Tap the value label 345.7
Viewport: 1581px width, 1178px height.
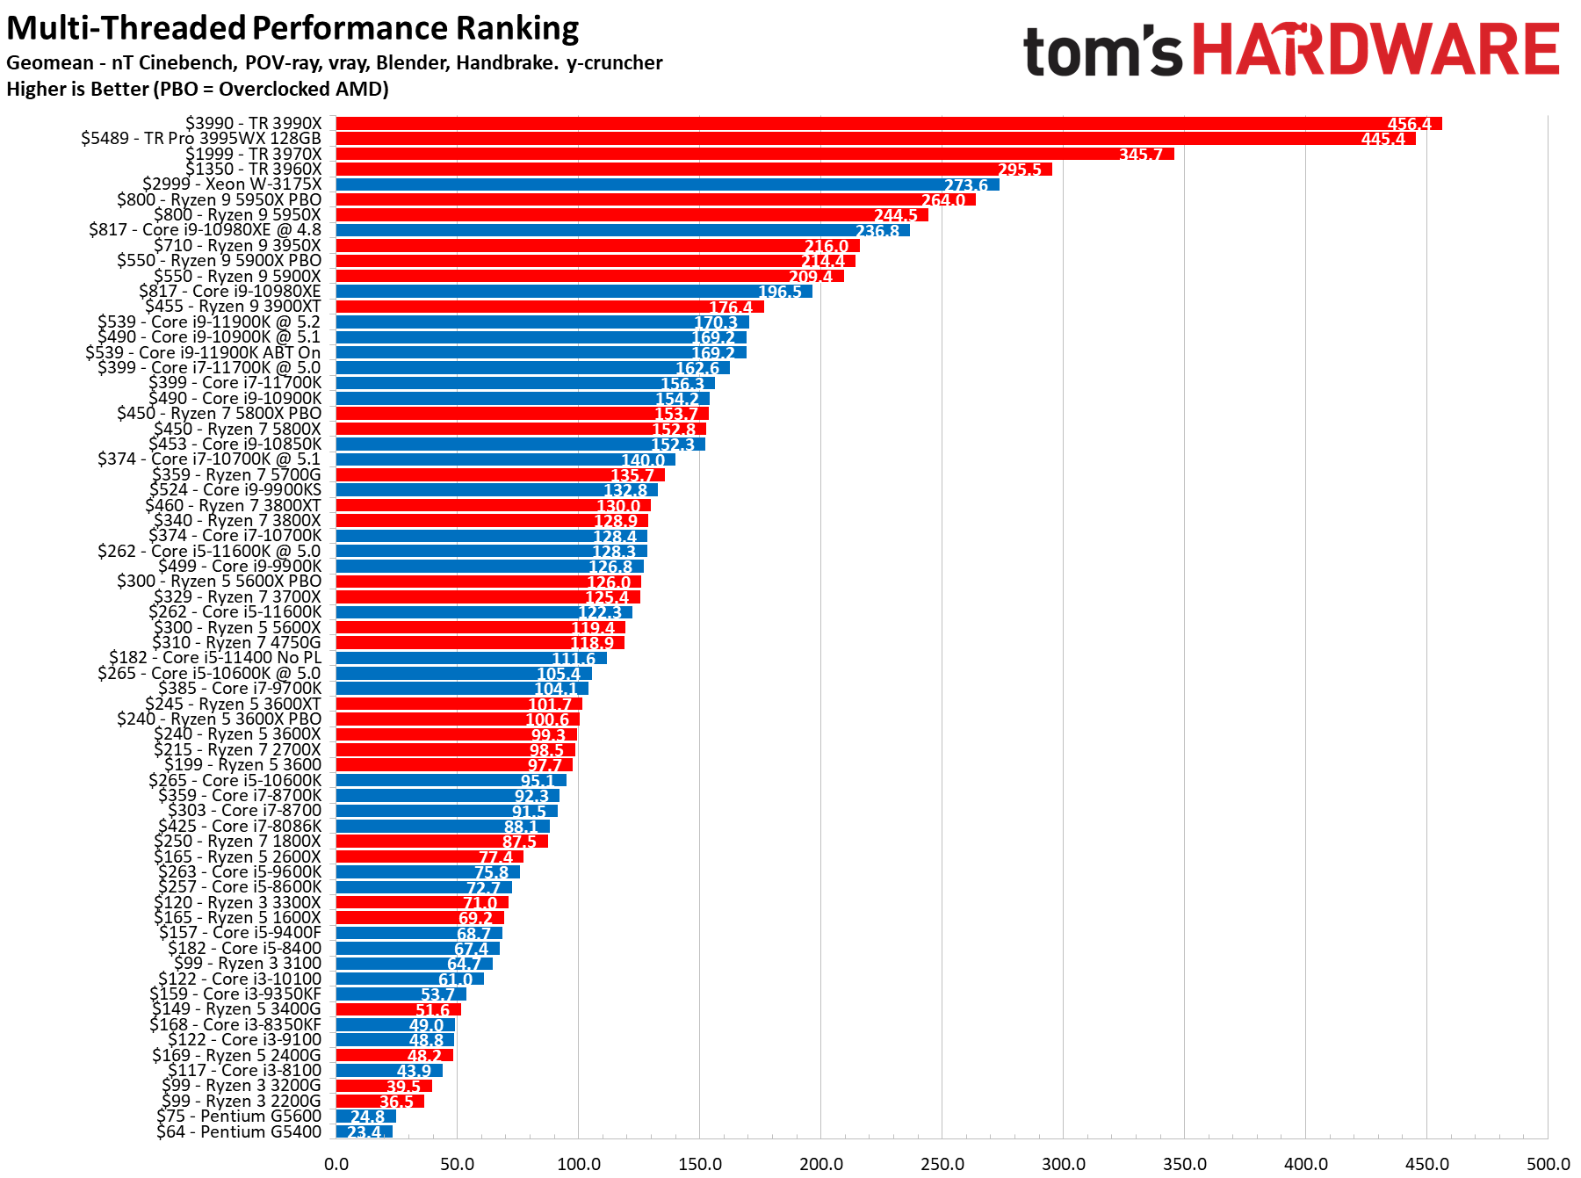tap(1140, 155)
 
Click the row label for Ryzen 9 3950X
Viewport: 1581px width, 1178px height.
tap(237, 245)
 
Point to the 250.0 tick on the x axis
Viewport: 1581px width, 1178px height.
tap(942, 1164)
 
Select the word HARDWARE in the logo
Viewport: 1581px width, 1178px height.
tap(1375, 51)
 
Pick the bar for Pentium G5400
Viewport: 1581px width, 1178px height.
tap(364, 1131)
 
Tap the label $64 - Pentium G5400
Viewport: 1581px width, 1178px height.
tap(239, 1131)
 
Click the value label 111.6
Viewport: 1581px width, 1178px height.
tap(573, 659)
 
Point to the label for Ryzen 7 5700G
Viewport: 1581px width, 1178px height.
tap(236, 474)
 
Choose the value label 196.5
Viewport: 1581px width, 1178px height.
tap(779, 292)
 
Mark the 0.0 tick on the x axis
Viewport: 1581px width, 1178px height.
tap(336, 1164)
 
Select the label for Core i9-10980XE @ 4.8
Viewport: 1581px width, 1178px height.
tap(205, 229)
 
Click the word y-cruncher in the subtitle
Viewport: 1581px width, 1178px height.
tap(614, 62)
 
